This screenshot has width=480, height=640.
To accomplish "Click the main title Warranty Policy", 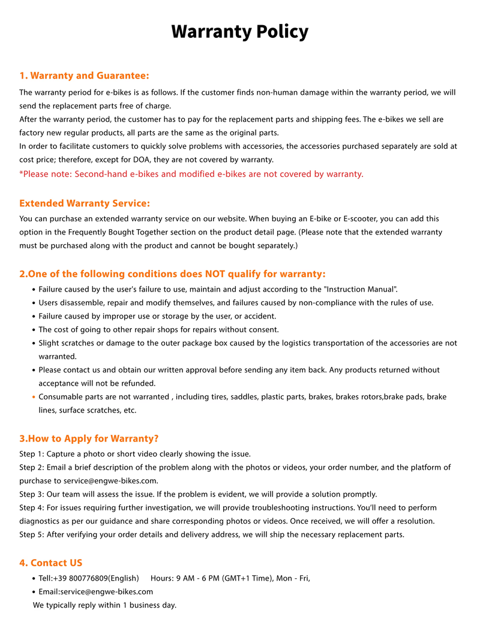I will coord(240,31).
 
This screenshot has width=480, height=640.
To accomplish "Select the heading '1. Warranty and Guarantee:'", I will coord(84,76).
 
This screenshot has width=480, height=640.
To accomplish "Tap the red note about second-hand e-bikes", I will coord(191,174).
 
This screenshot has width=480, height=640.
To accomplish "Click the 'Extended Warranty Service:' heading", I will coord(85,203).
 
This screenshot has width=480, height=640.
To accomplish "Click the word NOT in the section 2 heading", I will coord(215,274).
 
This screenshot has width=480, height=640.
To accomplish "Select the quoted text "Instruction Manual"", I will coord(359,289).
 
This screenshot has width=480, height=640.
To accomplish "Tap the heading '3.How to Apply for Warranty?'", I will coord(89,438).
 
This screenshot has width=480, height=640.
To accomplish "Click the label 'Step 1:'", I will coord(31,454).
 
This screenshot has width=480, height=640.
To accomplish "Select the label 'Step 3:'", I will coord(31,494).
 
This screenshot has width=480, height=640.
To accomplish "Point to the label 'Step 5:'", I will coord(31,534).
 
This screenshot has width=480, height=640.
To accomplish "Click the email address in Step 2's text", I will coord(111,480).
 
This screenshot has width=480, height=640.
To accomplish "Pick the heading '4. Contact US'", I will coord(51,563).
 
